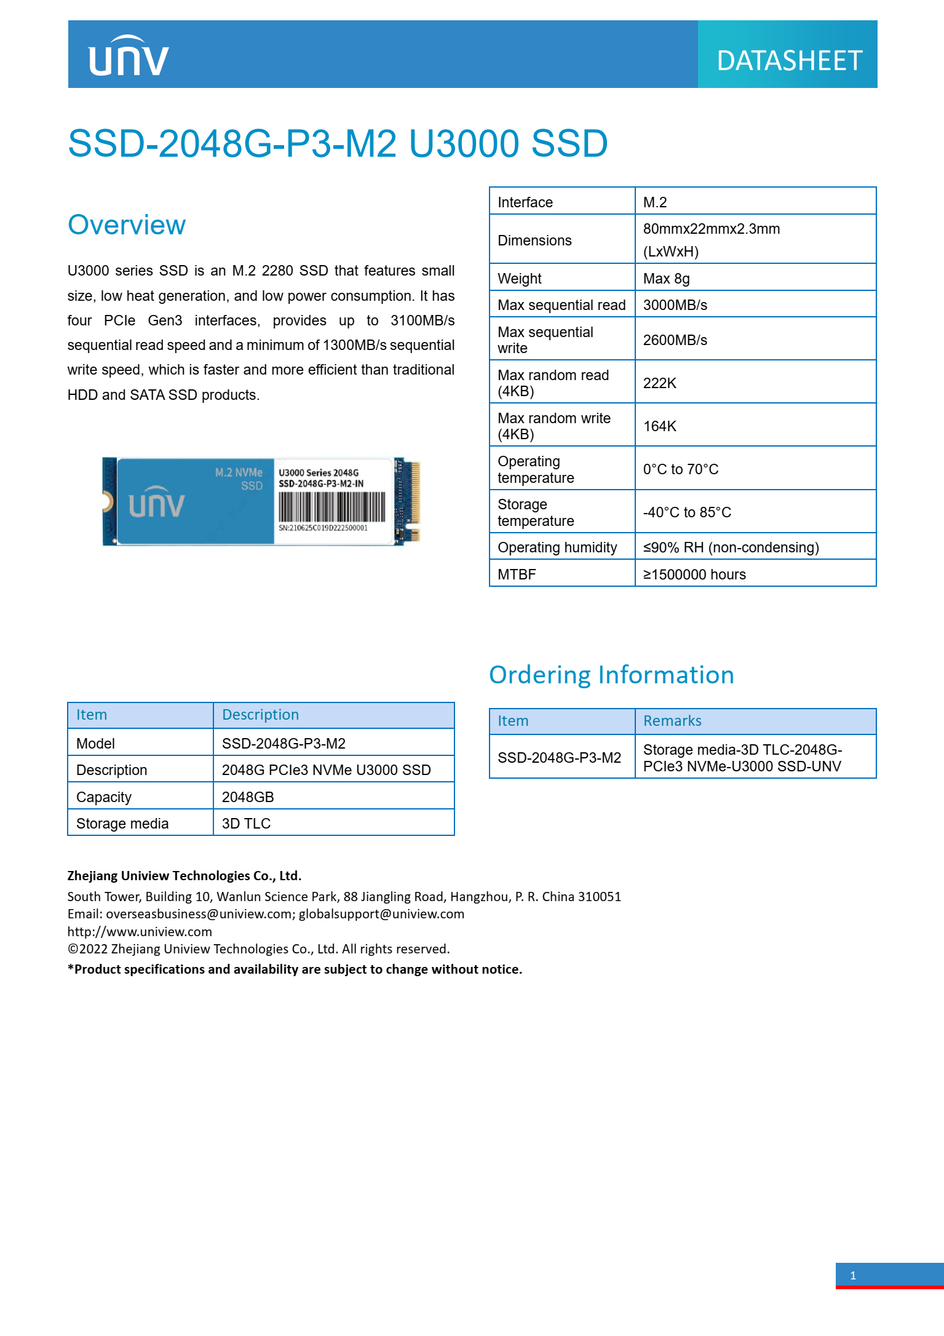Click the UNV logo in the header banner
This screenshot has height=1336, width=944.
(129, 57)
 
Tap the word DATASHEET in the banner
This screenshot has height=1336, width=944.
(789, 61)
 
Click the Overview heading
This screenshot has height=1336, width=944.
(127, 225)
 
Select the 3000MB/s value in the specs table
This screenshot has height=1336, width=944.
(675, 305)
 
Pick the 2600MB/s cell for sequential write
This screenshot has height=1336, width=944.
(675, 340)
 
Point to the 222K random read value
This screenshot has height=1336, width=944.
(660, 383)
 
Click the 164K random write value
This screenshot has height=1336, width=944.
(660, 426)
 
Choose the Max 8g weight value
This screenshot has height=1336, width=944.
(667, 279)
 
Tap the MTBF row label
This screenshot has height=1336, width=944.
(517, 575)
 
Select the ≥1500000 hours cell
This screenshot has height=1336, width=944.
(694, 575)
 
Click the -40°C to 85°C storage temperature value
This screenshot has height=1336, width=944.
(687, 512)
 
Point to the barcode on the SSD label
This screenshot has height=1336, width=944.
(331, 507)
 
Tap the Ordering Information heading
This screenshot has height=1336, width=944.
(611, 675)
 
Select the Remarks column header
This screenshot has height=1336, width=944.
(672, 721)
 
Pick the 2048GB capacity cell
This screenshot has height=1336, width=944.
(248, 797)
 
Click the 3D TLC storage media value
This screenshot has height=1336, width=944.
(246, 824)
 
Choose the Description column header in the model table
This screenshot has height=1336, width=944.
(260, 715)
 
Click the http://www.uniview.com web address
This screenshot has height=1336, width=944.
(140, 932)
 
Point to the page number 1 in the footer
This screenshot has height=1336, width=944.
(853, 1276)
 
